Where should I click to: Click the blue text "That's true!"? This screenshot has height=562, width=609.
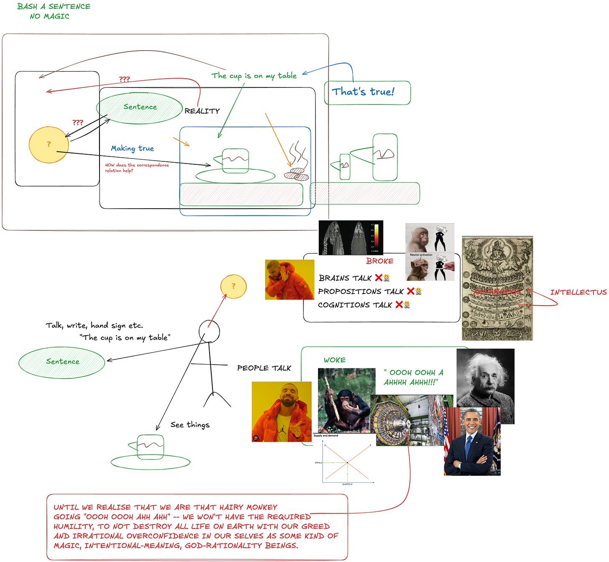(x=363, y=92)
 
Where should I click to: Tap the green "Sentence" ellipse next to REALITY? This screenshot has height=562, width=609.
(x=140, y=107)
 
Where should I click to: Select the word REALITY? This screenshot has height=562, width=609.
(x=202, y=111)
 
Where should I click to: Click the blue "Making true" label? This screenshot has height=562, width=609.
(x=132, y=148)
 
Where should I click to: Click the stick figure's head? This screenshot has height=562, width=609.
(x=209, y=331)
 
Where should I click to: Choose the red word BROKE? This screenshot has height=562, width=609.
(x=380, y=261)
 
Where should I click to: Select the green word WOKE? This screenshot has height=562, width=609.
(x=335, y=360)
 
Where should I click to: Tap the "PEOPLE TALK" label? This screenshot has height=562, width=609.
(x=264, y=368)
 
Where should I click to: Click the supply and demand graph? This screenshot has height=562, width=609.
(x=345, y=460)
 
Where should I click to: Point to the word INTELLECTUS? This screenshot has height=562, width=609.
(x=578, y=292)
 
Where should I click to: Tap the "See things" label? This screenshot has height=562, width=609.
(x=190, y=425)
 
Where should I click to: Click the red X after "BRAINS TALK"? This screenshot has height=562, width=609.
(x=379, y=278)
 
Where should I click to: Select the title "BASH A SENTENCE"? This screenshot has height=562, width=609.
(x=54, y=6)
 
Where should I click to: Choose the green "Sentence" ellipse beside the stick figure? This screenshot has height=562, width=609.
(x=62, y=362)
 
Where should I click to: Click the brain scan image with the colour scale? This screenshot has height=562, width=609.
(x=351, y=238)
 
